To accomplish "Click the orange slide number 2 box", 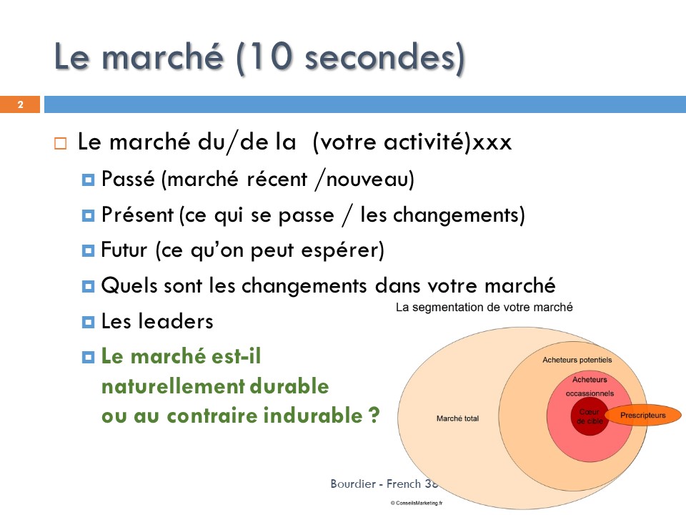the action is pyautogui.click(x=20, y=104).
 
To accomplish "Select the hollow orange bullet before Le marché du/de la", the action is pyautogui.click(x=60, y=143).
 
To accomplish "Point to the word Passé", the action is pyautogui.click(x=128, y=179).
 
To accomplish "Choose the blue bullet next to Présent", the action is pyautogui.click(x=88, y=215).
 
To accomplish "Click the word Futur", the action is pyautogui.click(x=124, y=250).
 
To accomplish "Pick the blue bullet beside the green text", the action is pyautogui.click(x=88, y=358).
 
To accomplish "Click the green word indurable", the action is pyautogui.click(x=313, y=415).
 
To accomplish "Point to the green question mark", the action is pyautogui.click(x=374, y=415).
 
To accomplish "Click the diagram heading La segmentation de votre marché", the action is pyautogui.click(x=484, y=308).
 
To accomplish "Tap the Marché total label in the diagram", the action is pyautogui.click(x=457, y=418).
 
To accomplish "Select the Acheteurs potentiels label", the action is pyautogui.click(x=577, y=360).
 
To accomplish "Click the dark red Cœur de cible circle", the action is pyautogui.click(x=590, y=416).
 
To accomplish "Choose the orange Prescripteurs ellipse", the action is pyautogui.click(x=642, y=415).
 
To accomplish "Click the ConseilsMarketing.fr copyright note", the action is pyautogui.click(x=417, y=503).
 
